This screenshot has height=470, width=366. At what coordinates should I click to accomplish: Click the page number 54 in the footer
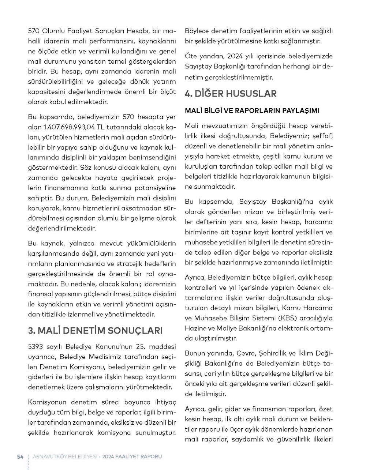[20, 456]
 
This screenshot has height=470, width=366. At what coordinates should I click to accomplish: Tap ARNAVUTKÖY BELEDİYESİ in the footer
[65, 456]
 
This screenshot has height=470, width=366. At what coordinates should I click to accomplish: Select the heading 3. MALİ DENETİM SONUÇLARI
[95, 331]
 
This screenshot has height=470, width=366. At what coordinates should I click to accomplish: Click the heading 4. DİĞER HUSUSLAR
[231, 94]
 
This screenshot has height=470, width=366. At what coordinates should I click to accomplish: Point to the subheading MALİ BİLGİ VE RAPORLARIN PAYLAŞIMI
[252, 110]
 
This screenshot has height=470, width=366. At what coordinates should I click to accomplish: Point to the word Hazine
[196, 328]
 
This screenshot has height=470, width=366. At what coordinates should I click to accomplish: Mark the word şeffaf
[322, 136]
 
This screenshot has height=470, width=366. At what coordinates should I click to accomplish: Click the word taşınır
[239, 232]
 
